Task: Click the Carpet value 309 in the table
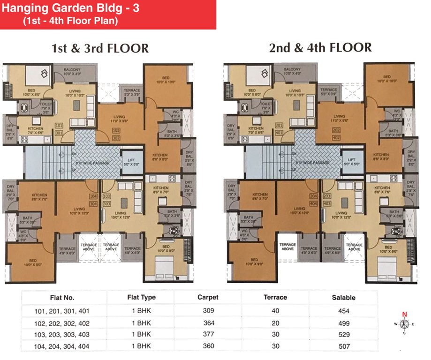pyautogui.click(x=208, y=310)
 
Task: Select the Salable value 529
pyautogui.click(x=344, y=334)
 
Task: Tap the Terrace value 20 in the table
pyautogui.click(x=275, y=322)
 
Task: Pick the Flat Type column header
pyautogui.click(x=141, y=297)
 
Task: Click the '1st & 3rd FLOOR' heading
pyautogui.click(x=100, y=48)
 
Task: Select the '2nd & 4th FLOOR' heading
pyautogui.click(x=320, y=48)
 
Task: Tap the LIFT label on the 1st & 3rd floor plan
pyautogui.click(x=128, y=159)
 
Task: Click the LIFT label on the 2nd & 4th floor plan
pyautogui.click(x=348, y=159)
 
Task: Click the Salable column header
pyautogui.click(x=344, y=297)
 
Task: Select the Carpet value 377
pyautogui.click(x=208, y=334)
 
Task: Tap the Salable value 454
pyautogui.click(x=344, y=310)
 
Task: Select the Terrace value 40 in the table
pyautogui.click(x=275, y=310)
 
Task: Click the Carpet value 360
pyautogui.click(x=208, y=346)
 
